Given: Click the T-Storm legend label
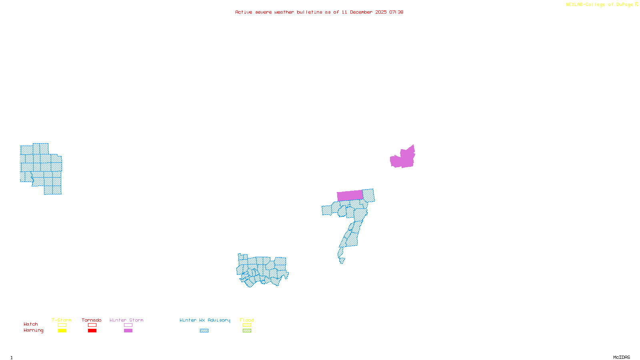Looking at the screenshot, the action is point(62,320).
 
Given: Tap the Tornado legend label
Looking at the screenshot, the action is point(92,320).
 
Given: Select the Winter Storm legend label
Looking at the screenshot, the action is point(126,320).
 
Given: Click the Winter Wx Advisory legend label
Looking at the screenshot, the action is point(205,320).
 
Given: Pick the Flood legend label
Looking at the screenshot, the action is point(247,320).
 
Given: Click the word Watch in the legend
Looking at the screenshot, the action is point(31,324).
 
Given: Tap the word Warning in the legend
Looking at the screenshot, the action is point(34,330).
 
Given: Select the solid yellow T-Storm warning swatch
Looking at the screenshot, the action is point(62,331).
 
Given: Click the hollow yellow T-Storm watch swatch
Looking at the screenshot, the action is point(62,325).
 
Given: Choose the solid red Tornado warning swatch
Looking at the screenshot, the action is point(92,331).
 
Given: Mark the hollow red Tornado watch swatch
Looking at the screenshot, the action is point(92,325).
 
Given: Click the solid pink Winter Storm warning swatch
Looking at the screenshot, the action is point(128,331).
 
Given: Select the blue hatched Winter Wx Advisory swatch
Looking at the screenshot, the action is point(204,331).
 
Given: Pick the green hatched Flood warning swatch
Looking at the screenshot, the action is point(247,331).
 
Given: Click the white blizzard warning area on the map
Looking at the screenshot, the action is point(346,261).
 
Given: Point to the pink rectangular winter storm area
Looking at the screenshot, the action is point(350,196).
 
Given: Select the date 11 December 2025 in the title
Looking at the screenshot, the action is point(364,12).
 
